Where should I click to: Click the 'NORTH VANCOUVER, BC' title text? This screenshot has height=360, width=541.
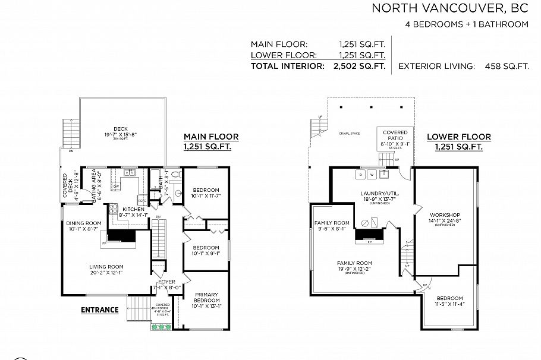[x=449, y=8]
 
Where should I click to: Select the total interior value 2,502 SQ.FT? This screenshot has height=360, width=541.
[x=356, y=66]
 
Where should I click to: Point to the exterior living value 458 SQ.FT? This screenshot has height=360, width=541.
[x=503, y=66]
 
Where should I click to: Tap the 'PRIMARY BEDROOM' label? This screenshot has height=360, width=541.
[x=206, y=297]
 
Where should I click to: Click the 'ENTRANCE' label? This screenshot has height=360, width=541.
[x=99, y=310]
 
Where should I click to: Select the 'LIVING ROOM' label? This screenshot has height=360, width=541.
[x=106, y=267]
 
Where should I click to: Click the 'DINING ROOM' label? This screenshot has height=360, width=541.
[x=84, y=223]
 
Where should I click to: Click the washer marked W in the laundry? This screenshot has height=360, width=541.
[x=372, y=175]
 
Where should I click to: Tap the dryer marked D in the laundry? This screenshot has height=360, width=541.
[x=361, y=175]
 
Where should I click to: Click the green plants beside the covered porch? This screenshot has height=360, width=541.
[x=162, y=327]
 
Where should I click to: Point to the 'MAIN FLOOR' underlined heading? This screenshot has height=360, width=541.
[x=210, y=137]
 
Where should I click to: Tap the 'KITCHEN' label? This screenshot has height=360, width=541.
[x=134, y=210]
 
